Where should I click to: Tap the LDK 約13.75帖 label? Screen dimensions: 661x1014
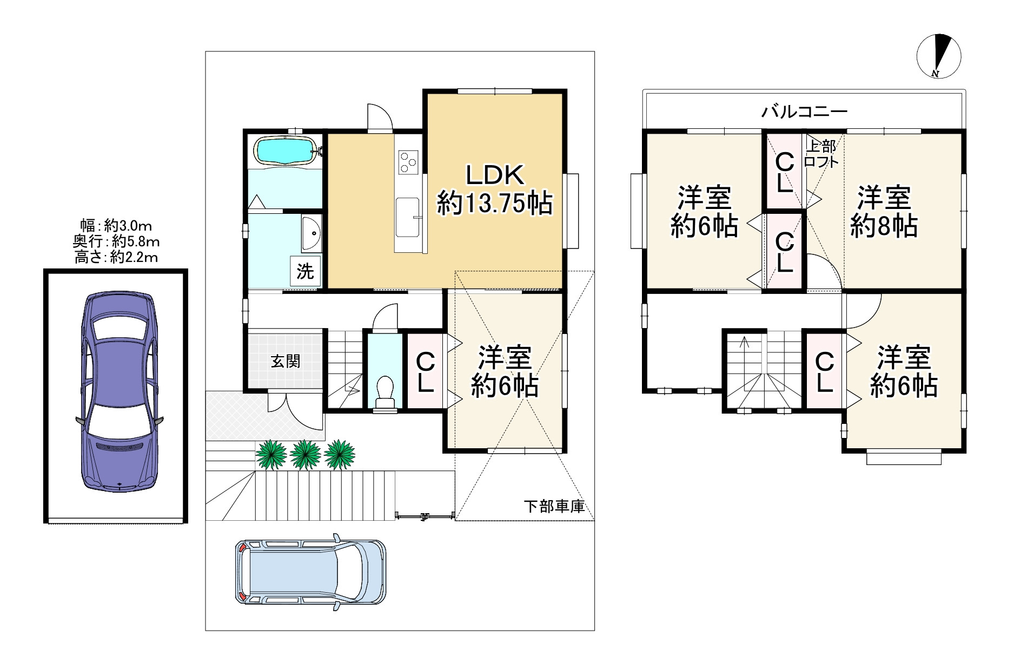[494, 189]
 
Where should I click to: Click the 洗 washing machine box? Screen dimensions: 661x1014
[305, 271]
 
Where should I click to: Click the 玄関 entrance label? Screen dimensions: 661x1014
[285, 361]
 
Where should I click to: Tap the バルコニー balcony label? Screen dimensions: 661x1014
[804, 112]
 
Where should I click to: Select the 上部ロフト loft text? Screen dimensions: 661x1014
[821, 154]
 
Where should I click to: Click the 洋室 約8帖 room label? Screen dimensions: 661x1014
[884, 212]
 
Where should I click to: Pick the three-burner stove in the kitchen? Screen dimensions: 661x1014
[408, 162]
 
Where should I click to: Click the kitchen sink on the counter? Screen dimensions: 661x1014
[407, 217]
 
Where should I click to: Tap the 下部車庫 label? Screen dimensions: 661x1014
[554, 507]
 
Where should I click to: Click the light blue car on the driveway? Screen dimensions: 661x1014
[310, 572]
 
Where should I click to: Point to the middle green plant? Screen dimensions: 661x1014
[306, 454]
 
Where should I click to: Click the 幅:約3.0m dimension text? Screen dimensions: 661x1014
[116, 226]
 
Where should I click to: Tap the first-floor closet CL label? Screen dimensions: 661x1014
[425, 372]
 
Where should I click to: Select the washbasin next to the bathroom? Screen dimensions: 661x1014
[312, 233]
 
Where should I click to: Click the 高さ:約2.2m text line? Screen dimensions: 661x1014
[116, 257]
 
